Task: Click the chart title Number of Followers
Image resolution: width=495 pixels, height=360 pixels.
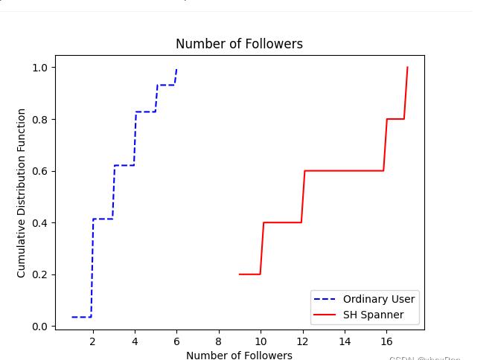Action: tap(239, 44)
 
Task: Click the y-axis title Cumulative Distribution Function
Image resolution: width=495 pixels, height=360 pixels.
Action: tap(22, 193)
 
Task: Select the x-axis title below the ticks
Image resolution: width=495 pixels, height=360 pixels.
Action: tap(239, 355)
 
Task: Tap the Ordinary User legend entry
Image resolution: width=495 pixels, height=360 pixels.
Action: tap(378, 299)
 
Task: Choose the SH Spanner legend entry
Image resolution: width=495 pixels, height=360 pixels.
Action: tap(373, 315)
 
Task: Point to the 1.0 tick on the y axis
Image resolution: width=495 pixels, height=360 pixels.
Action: tap(39, 68)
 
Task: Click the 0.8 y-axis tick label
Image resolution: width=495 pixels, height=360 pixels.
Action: tap(39, 120)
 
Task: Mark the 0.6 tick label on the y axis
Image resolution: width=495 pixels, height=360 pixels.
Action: tap(39, 171)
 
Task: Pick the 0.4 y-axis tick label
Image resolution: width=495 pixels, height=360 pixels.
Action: tap(39, 223)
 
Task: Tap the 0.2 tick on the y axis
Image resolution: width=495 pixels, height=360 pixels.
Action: tap(39, 274)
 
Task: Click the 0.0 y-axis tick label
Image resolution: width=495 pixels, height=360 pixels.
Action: tap(39, 327)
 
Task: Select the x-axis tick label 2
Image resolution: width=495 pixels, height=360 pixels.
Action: tap(92, 341)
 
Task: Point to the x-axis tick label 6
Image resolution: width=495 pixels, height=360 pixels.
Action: tap(176, 341)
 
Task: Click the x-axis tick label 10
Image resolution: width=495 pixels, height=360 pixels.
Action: tap(261, 341)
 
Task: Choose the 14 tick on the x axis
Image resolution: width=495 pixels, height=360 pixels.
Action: tap(345, 341)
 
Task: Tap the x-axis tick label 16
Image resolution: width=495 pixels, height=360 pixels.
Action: tap(386, 341)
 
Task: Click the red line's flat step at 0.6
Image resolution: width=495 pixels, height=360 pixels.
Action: tap(344, 171)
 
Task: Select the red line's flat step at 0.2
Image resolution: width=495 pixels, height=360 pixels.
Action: tap(249, 274)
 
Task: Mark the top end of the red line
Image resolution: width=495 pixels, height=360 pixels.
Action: tap(407, 68)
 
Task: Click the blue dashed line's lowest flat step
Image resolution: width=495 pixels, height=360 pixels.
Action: tap(81, 317)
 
